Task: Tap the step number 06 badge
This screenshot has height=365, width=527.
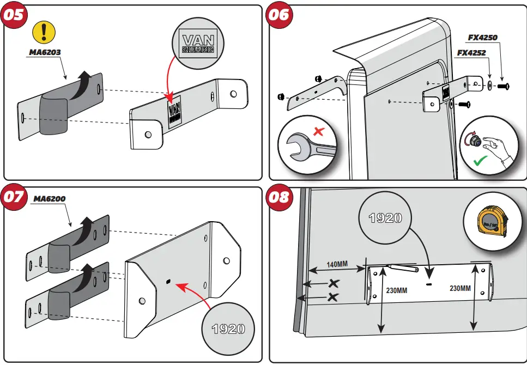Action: pos(279,15)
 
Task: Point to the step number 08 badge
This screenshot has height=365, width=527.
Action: pos(279,197)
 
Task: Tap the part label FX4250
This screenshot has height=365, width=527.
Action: pos(483,38)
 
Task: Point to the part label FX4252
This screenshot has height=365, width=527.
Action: pos(471,53)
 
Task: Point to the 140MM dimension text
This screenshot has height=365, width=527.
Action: pos(337,265)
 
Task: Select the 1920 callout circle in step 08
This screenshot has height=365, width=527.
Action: pos(385,217)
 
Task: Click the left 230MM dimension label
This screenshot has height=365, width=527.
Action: pos(396,290)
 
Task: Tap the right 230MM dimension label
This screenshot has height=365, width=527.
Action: pos(460,288)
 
